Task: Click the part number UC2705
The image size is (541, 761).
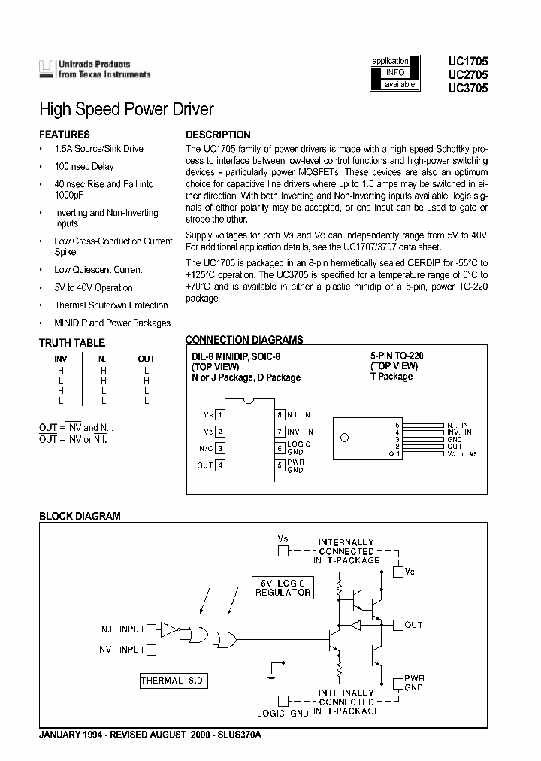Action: (x=468, y=75)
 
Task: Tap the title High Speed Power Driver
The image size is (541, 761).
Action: (x=126, y=110)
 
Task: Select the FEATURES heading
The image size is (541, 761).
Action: (x=64, y=135)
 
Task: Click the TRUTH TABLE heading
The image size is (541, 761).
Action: (x=72, y=343)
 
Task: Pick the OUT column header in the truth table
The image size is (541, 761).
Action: (x=146, y=359)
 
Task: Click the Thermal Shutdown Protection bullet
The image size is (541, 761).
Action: (x=110, y=305)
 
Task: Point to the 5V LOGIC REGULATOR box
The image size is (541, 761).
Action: (x=283, y=587)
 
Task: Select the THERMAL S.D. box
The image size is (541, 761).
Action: (x=172, y=681)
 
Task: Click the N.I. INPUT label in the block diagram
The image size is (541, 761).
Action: (x=122, y=629)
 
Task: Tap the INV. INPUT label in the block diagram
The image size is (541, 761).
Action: (x=120, y=649)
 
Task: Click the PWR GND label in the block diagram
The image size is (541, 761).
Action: (x=415, y=682)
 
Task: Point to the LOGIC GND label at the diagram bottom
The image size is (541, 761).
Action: (x=283, y=713)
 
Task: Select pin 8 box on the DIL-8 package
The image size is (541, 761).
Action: (x=280, y=414)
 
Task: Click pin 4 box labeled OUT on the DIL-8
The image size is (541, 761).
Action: (x=220, y=465)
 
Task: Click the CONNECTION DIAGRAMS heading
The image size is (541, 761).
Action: (x=244, y=340)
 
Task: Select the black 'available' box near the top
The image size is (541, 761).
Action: (x=399, y=84)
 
